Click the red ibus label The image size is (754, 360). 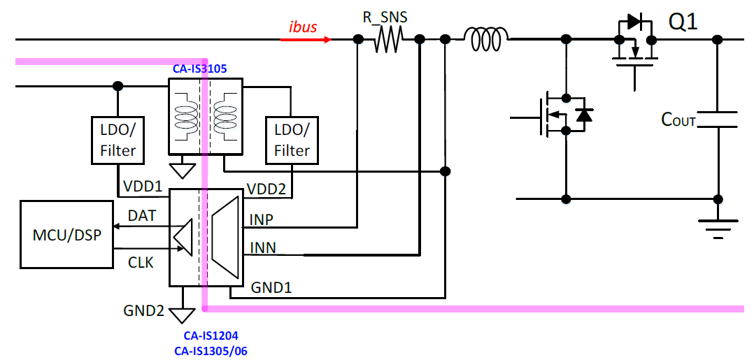pos(303,28)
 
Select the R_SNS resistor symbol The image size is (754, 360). pos(388,40)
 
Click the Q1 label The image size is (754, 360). pos(683,22)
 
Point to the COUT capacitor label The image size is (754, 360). pos(678,120)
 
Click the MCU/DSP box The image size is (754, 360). pos(66,234)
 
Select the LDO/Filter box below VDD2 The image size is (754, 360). pos(292,141)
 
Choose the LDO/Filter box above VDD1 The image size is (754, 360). pos(118,141)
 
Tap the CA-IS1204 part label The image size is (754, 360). pos(211,336)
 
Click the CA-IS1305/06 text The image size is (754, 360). pos(211,350)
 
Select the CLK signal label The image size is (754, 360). pos(141,264)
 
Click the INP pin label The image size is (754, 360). pos(262,220)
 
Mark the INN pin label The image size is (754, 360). pos(262,248)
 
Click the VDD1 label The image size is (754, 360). pos(143,187)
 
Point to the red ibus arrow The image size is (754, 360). pos(306,40)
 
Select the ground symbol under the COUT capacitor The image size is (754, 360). pos(718,225)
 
